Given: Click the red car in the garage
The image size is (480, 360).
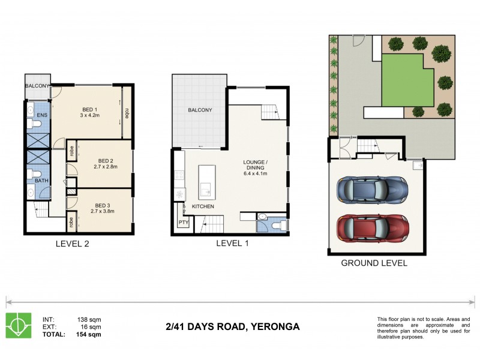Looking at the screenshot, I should coord(373,227).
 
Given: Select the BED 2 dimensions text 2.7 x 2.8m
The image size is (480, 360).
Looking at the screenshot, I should coord(106,168).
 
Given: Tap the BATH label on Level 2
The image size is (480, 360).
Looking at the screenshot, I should coord(41,180).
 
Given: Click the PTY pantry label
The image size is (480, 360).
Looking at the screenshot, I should coord(183,223).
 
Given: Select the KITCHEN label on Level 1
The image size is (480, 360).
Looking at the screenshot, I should coord(203,207).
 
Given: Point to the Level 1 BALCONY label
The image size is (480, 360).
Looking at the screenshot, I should coord(200,110).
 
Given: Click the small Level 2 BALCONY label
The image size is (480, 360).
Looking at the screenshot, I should coord(38,86).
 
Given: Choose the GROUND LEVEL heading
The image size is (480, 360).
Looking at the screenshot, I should coord(374,263).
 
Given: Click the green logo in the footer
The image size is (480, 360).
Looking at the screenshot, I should coord(19,325).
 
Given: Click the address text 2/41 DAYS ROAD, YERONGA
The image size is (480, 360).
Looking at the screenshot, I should coord(232,327).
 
